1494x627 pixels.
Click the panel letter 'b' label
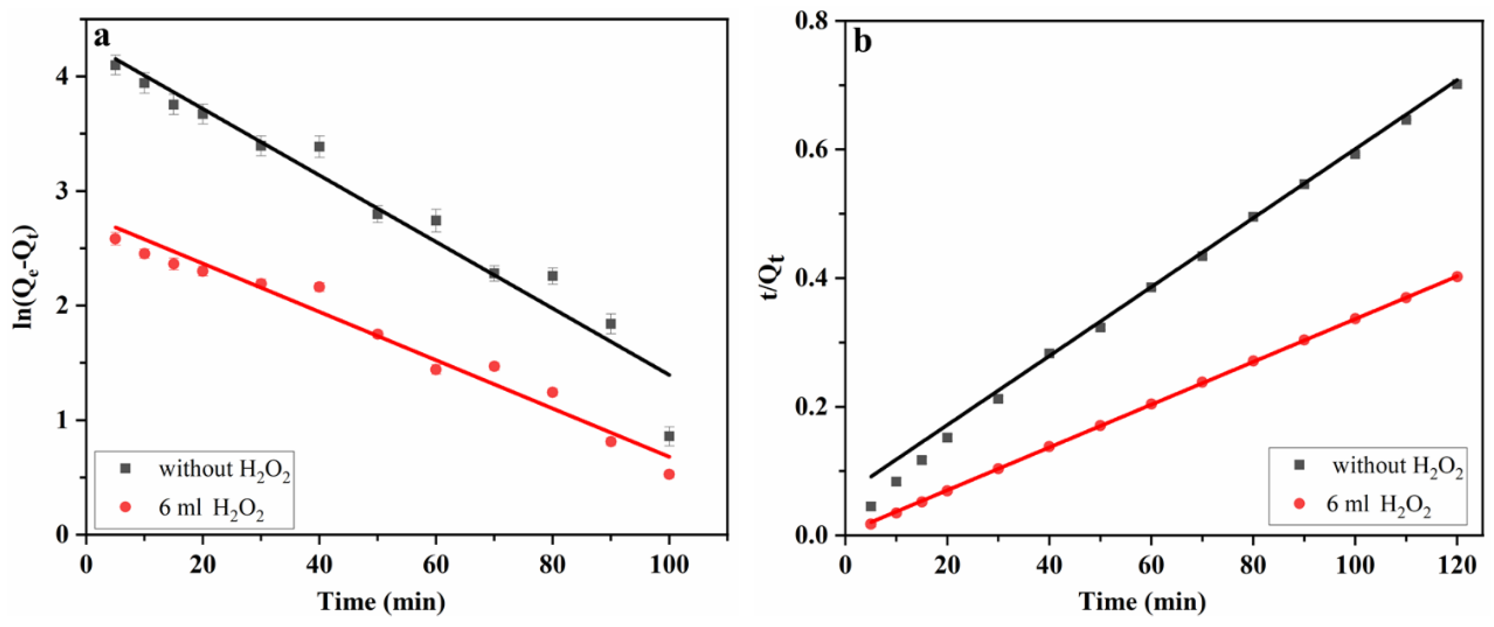[x=863, y=42]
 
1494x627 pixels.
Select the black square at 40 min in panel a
[x=319, y=147]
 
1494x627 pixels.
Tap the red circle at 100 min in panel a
[x=669, y=474]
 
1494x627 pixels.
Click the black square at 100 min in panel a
[x=669, y=436]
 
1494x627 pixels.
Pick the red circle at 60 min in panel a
[x=436, y=369]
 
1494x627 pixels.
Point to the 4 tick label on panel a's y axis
[x=63, y=77]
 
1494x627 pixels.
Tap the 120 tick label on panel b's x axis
[x=1457, y=565]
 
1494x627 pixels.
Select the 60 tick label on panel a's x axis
[x=436, y=565]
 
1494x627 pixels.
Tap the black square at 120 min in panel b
[x=1457, y=84]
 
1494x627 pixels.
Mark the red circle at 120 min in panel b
[x=1457, y=276]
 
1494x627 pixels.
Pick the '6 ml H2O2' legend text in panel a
[x=211, y=508]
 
